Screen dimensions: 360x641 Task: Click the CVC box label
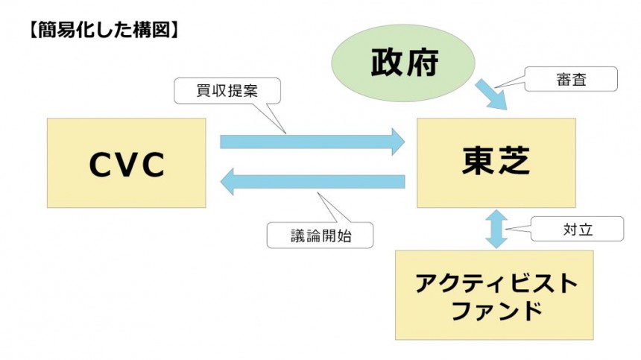pyautogui.click(x=126, y=164)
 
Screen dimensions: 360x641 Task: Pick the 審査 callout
pyautogui.click(x=571, y=79)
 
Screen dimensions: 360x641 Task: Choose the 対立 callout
pyautogui.click(x=578, y=230)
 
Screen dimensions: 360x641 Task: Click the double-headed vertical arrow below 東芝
pyautogui.click(x=495, y=228)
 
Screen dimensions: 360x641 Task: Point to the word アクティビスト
pyautogui.click(x=495, y=283)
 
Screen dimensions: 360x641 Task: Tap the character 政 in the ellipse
pyautogui.click(x=385, y=64)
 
